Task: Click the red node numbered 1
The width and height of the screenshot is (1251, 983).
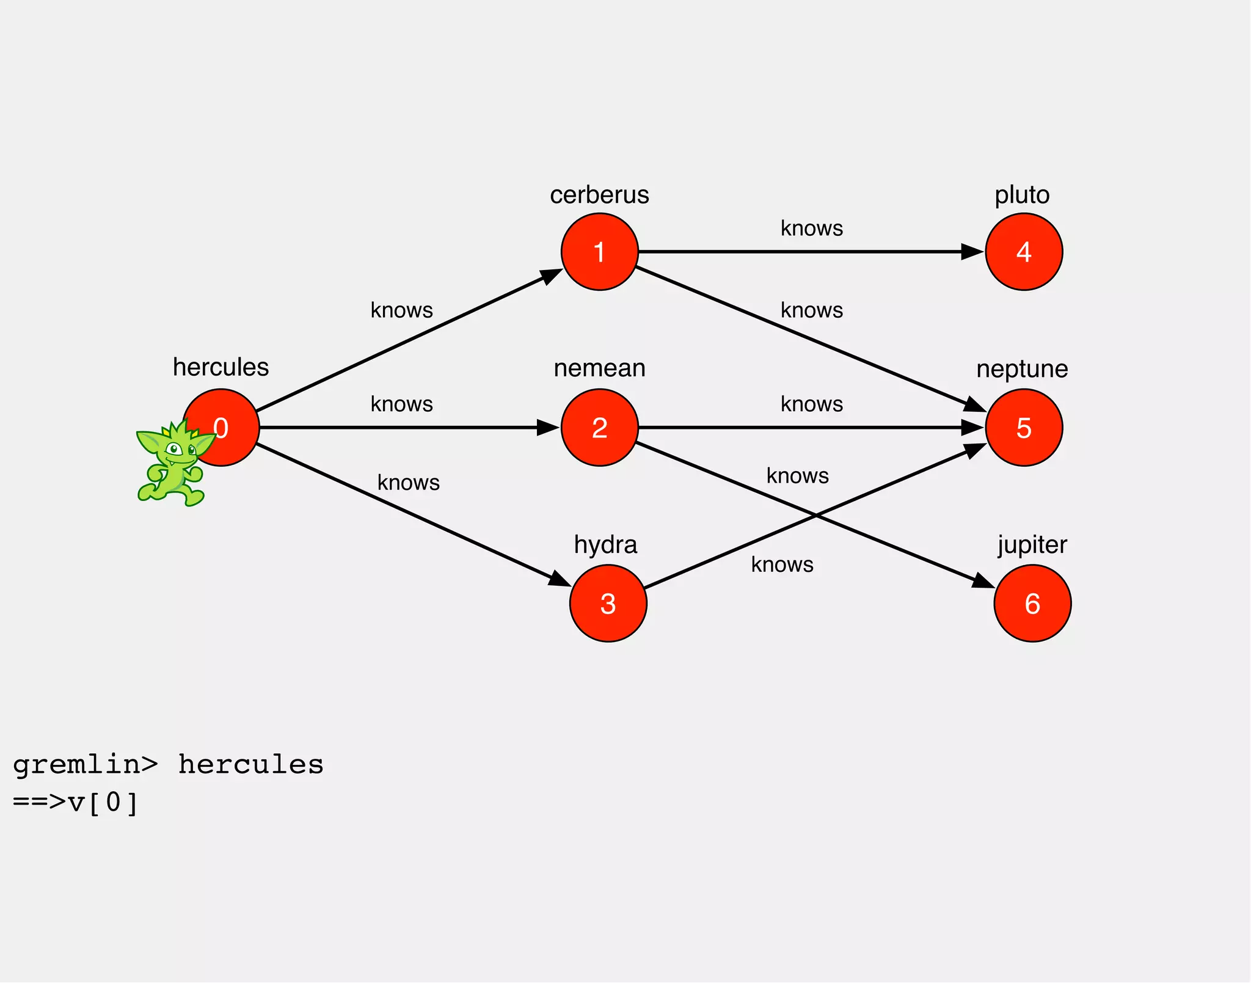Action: coord(599,252)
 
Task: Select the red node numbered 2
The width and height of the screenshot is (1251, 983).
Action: coord(599,428)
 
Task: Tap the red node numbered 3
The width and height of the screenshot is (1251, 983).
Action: coord(608,604)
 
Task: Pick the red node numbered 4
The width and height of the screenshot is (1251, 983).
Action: coord(1024,252)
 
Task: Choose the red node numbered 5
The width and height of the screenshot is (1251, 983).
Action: coord(1024,428)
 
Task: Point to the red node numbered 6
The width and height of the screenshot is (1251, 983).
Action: coord(1032,604)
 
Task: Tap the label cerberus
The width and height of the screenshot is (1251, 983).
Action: coord(599,195)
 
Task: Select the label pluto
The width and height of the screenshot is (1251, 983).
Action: coord(1022,195)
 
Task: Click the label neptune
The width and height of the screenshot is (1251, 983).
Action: coord(1022,368)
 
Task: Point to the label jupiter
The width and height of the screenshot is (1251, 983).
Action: coord(1032,544)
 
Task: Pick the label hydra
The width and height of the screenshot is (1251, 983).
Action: coord(605,544)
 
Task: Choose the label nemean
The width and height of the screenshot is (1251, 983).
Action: coord(599,368)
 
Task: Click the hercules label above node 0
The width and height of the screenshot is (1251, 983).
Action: coord(221,367)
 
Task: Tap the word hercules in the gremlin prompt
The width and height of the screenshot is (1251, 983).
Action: coord(250,765)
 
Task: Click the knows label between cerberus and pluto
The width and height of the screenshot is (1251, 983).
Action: coord(812,228)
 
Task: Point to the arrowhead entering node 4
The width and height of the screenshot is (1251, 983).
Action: coord(972,252)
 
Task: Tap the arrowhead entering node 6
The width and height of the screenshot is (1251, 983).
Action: coord(983,581)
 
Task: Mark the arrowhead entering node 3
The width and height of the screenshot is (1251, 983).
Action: coord(559,579)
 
